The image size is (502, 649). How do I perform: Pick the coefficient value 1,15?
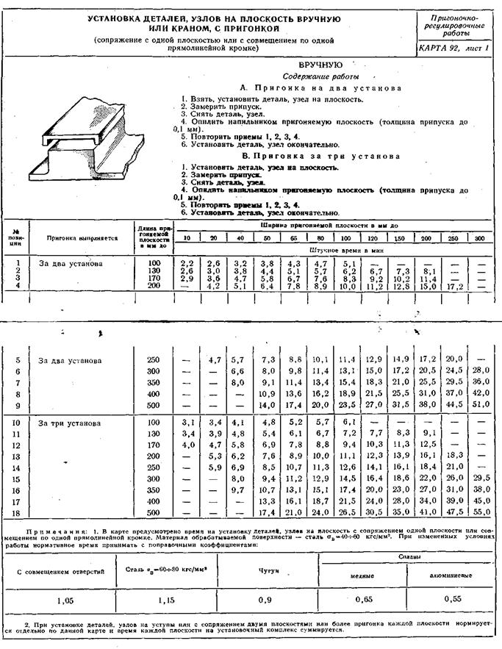click(170, 599)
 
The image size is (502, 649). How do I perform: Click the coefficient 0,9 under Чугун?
click(270, 599)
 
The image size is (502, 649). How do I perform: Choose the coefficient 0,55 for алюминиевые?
click(455, 599)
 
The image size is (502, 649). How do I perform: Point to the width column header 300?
click(481, 238)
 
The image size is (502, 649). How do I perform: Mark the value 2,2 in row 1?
click(187, 262)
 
